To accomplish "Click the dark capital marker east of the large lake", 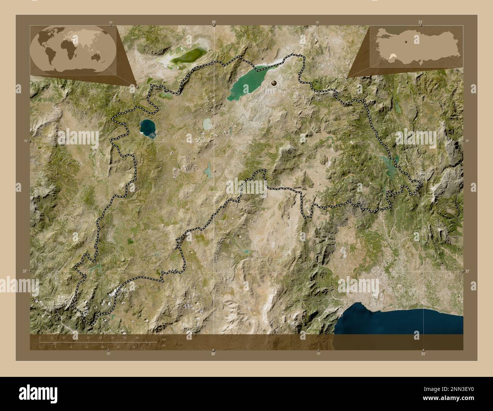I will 274,82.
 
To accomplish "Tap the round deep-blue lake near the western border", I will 147,127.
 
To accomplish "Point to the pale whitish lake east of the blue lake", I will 207,124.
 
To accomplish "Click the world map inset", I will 72,49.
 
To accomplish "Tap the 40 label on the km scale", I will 137,337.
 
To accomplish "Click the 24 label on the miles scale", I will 133,347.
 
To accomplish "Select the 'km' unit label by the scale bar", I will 164,339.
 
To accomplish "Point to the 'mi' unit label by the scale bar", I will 163,345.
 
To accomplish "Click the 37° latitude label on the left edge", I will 25,271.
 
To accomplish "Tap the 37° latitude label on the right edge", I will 467,271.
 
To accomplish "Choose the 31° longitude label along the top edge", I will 420,22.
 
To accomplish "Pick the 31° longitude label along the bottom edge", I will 423,353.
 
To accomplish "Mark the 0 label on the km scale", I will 40,337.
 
